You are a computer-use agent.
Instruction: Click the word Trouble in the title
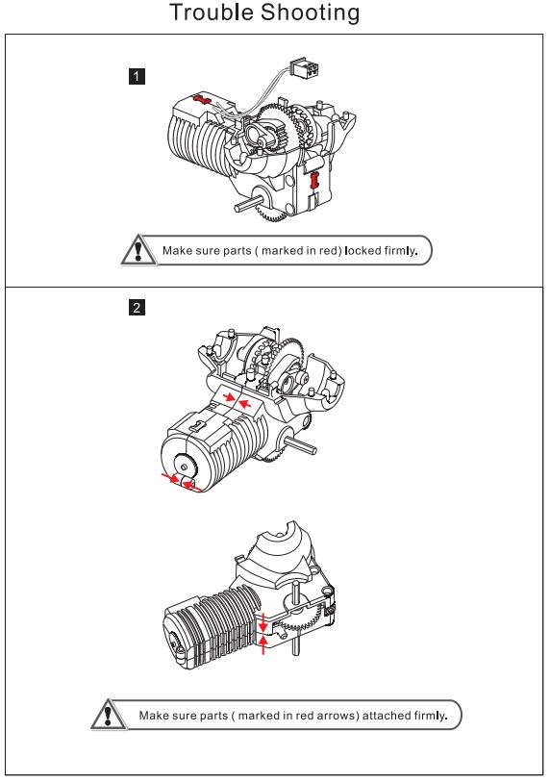click(x=212, y=13)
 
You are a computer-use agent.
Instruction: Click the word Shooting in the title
click(x=311, y=13)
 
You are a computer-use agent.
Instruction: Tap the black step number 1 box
click(x=137, y=76)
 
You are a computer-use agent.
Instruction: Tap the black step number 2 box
click(x=137, y=307)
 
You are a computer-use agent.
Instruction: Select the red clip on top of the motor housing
click(x=203, y=99)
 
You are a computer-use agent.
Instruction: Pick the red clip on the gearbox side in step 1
click(x=314, y=180)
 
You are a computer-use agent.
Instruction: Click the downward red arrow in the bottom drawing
click(x=262, y=622)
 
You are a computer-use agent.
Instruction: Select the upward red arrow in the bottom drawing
click(x=263, y=644)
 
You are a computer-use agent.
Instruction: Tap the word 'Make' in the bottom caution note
click(x=151, y=716)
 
